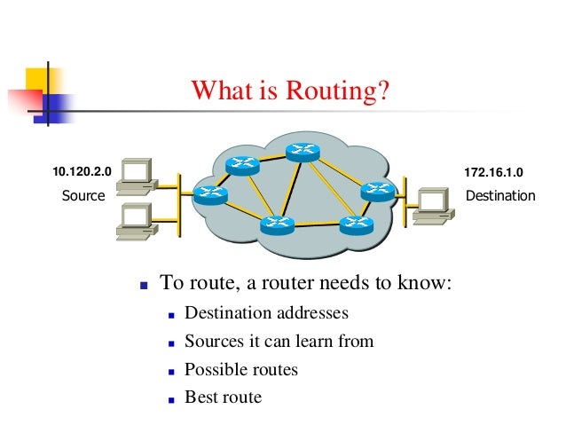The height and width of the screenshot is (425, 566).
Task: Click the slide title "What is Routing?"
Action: tap(291, 91)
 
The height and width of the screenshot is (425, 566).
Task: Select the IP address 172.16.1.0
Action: tap(495, 169)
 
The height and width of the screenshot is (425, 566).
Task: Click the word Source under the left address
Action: tap(83, 195)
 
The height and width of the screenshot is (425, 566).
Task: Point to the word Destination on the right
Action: tap(500, 195)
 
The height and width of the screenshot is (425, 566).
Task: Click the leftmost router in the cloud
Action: tap(211, 193)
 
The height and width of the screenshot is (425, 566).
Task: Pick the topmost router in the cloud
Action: tap(302, 153)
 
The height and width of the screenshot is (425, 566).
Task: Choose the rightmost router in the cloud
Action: tap(377, 190)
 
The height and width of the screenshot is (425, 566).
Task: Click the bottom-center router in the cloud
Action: tap(277, 224)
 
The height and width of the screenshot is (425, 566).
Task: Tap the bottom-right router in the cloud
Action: tap(357, 223)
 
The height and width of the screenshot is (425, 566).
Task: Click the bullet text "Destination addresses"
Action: tap(266, 313)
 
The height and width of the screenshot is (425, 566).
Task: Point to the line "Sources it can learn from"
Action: tap(279, 341)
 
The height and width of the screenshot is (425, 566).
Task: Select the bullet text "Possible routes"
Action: tap(240, 369)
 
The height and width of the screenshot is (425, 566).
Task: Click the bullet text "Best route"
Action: tap(223, 397)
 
